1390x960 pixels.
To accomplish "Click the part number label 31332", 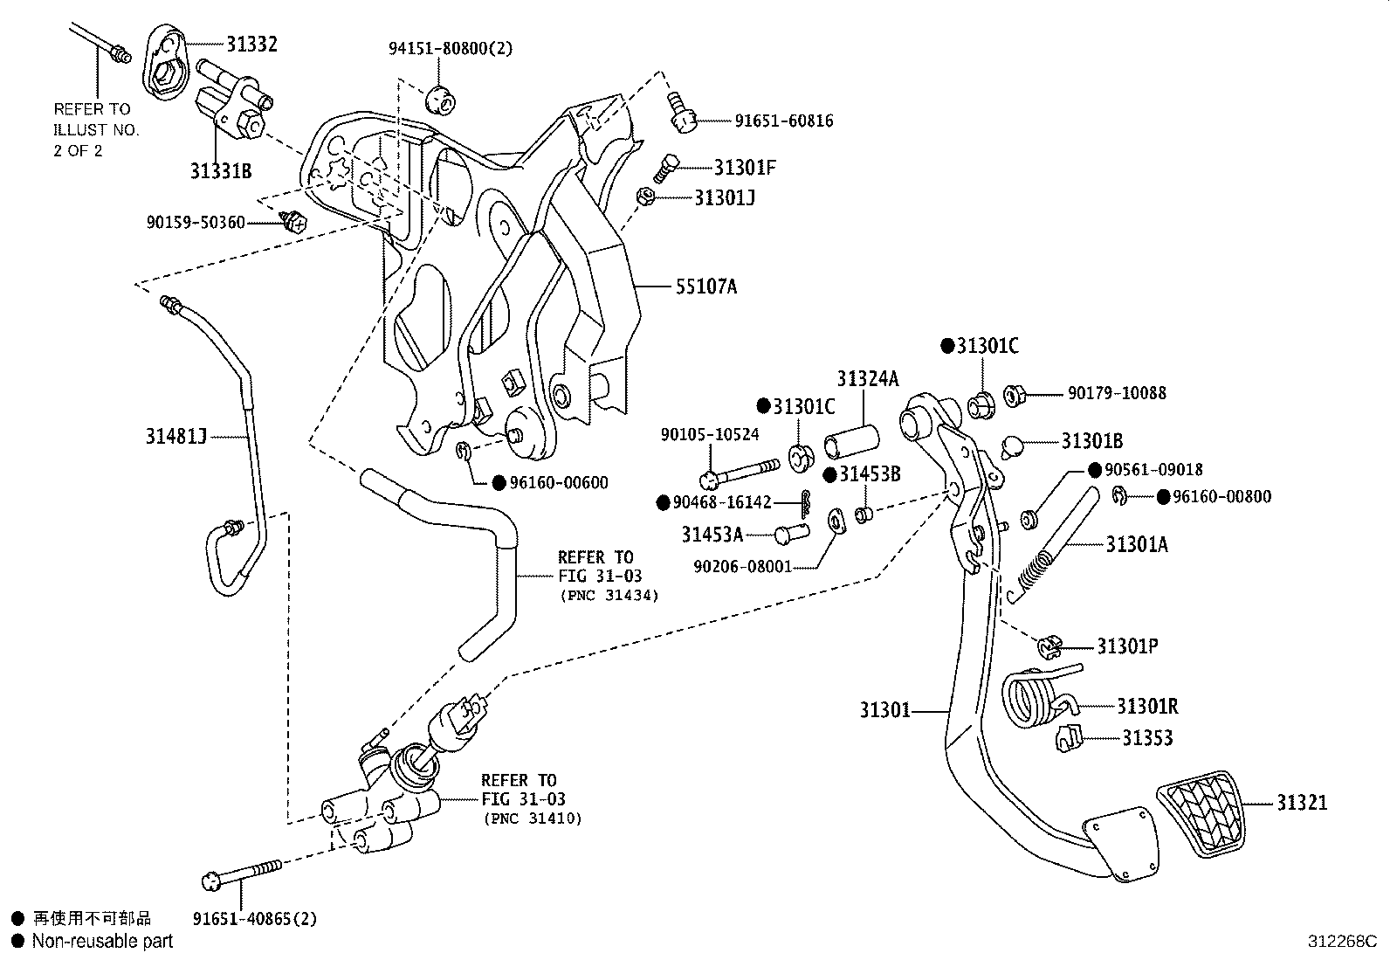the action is click(x=251, y=44).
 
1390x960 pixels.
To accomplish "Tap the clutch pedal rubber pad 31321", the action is click(x=1201, y=814).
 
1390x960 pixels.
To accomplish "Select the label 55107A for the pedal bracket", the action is click(x=706, y=287).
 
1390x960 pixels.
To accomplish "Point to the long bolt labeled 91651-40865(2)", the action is click(x=242, y=873).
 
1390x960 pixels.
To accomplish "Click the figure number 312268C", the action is click(x=1342, y=942).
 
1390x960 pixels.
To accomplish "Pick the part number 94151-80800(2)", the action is click(x=451, y=48).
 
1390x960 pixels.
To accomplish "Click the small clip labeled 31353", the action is click(x=1069, y=738).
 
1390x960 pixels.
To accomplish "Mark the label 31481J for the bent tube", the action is click(x=175, y=437).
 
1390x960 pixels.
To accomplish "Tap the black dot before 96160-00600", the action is click(x=499, y=483).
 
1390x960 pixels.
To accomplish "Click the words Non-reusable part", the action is click(x=102, y=942).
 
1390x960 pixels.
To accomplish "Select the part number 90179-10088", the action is click(x=1117, y=393).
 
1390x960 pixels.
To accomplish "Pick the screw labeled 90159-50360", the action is click(x=294, y=221).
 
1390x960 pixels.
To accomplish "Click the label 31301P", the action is click(x=1127, y=646).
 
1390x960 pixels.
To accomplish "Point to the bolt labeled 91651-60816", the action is click(x=682, y=114).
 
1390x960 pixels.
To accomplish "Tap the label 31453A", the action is click(x=712, y=535).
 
